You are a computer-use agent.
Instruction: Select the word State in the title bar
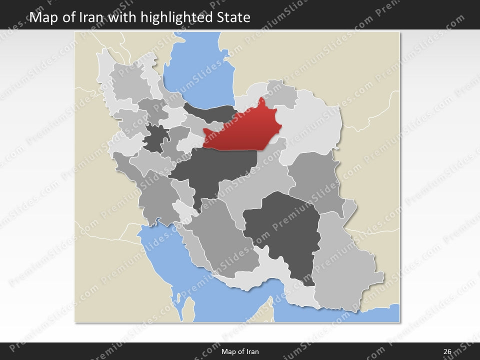(233, 18)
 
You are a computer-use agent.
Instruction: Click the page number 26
(447, 351)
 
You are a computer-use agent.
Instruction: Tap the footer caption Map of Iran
(240, 351)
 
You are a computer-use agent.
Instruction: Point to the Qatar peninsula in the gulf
(188, 307)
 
